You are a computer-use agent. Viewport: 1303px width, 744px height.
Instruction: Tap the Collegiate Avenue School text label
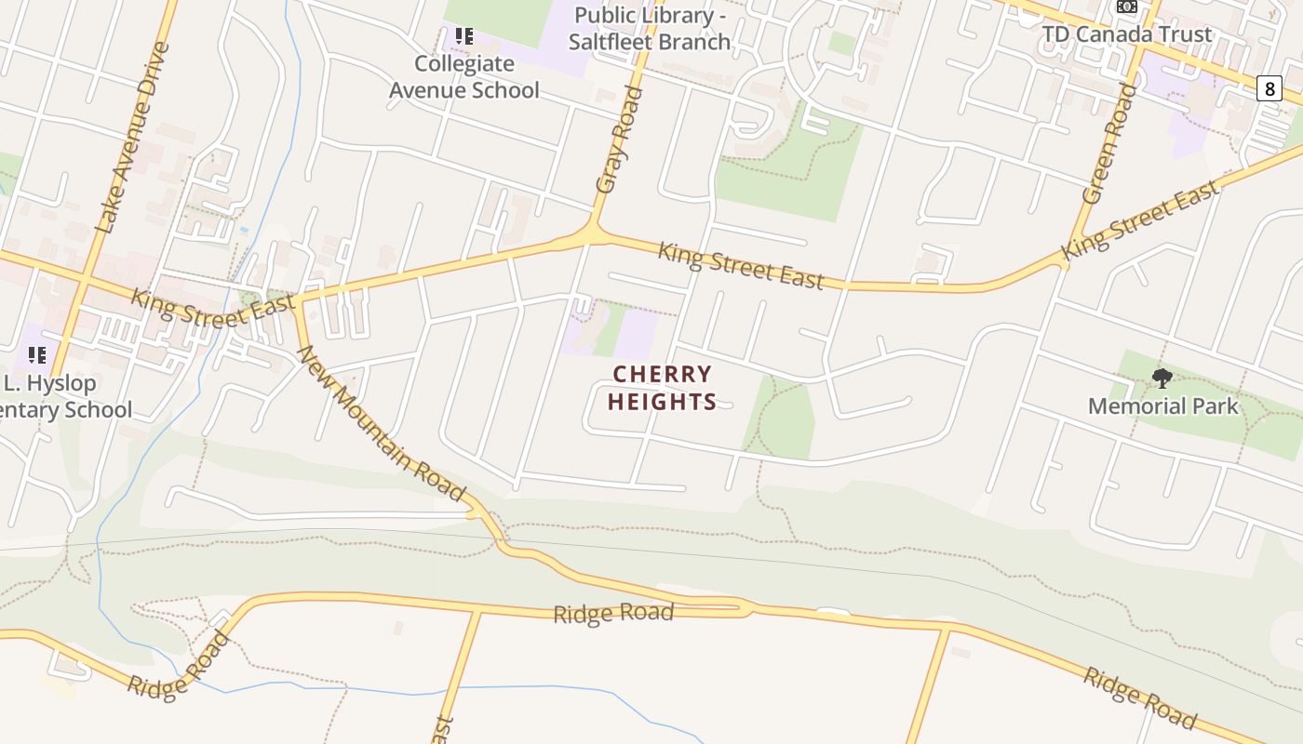pos(464,77)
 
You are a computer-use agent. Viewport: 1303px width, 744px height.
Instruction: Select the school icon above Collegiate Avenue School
pos(464,37)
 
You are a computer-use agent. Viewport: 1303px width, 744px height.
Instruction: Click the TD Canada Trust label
pos(1126,34)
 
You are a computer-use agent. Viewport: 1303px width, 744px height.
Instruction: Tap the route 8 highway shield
pos(1269,89)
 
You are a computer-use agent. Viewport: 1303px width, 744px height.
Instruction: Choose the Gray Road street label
pos(620,139)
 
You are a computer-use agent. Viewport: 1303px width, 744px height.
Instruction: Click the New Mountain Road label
pos(381,423)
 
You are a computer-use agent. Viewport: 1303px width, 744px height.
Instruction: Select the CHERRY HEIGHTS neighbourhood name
pos(663,388)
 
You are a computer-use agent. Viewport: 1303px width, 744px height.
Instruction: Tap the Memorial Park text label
pos(1162,406)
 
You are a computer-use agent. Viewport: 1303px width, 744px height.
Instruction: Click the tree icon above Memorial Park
pos(1162,378)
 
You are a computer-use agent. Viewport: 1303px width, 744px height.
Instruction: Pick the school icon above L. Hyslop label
pos(37,354)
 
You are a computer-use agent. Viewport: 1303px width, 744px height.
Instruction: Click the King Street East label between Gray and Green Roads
pos(741,266)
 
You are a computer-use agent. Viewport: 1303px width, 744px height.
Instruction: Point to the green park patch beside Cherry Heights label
pos(781,418)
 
